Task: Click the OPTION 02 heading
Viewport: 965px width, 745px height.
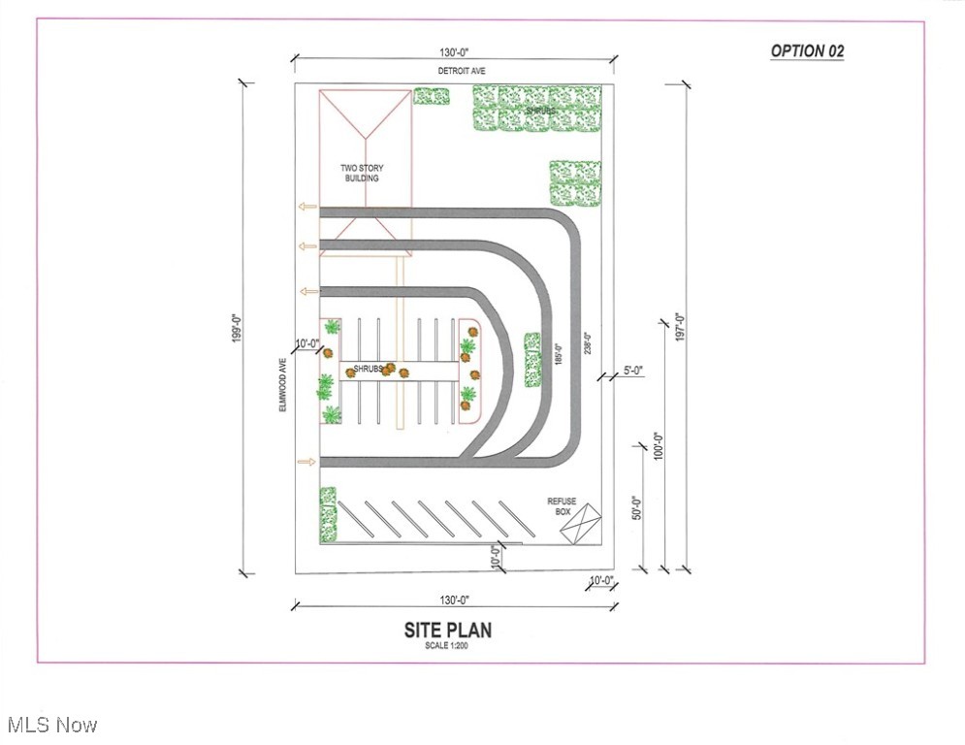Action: click(x=808, y=51)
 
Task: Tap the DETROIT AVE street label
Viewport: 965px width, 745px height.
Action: click(x=462, y=71)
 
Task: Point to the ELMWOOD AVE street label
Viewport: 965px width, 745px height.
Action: click(x=283, y=385)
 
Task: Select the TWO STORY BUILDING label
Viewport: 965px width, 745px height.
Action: click(x=362, y=173)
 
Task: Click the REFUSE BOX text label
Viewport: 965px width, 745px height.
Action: click(x=562, y=506)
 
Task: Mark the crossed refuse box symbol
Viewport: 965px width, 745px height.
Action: click(x=580, y=524)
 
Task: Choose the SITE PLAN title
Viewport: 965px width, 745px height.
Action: click(x=448, y=630)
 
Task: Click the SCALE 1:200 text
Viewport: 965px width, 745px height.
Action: click(x=446, y=646)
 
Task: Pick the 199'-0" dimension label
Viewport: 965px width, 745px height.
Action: click(x=237, y=328)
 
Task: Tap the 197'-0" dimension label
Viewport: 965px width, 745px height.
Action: click(x=680, y=328)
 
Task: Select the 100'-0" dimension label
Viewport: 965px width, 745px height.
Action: click(x=659, y=445)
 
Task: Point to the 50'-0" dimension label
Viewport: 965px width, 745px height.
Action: click(x=637, y=508)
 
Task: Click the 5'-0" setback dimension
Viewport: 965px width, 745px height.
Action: click(x=633, y=371)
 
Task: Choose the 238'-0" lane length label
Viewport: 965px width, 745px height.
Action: click(x=588, y=343)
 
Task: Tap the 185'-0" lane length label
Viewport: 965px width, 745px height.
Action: click(x=559, y=354)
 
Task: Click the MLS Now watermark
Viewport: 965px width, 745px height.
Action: click(x=52, y=725)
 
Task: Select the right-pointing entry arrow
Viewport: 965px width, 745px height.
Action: click(x=306, y=462)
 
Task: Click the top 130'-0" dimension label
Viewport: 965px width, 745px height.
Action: click(x=454, y=52)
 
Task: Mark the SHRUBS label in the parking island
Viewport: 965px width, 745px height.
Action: click(x=368, y=369)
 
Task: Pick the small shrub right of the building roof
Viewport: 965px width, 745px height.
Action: click(x=431, y=97)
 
